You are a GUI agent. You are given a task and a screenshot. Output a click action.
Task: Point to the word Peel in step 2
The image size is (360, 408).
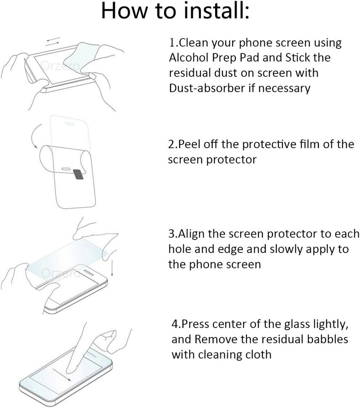tap(191, 144)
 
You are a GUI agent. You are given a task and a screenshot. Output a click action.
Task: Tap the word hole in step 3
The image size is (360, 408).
tap(180, 249)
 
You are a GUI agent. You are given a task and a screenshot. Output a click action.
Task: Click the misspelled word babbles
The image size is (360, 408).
tap(322, 339)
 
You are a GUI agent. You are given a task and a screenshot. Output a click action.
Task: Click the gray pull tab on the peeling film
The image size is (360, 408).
tap(78, 174)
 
